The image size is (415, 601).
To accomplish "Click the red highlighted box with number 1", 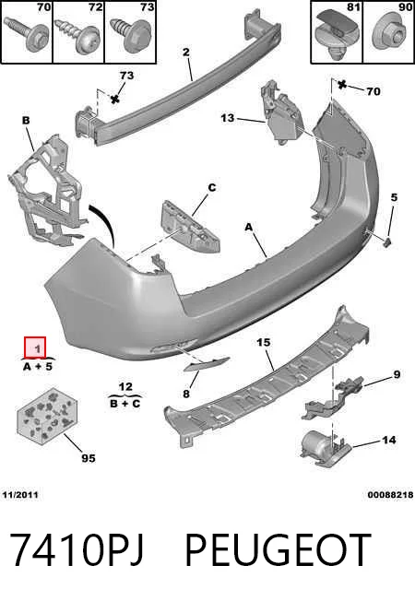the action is click(35, 348).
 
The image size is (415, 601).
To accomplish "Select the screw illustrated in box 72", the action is click(77, 36).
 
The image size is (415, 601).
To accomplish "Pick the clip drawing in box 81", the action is click(336, 32).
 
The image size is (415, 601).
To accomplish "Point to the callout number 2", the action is click(186, 52).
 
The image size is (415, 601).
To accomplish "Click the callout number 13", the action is click(228, 118).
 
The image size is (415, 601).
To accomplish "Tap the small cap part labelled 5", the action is click(388, 242).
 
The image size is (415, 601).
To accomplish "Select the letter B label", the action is click(26, 121).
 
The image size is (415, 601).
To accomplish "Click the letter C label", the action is click(212, 187).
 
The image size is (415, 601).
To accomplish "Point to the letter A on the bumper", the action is click(249, 228).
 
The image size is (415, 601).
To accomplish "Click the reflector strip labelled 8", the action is click(207, 364).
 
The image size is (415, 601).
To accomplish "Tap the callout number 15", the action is click(264, 342).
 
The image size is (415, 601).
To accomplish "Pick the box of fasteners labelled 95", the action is click(47, 416).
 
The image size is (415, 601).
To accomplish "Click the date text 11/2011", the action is click(20, 495).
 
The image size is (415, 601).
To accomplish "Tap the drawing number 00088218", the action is click(390, 495).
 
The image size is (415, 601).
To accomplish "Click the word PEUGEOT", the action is click(278, 549).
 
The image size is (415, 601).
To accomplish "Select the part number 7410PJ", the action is click(77, 549).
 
